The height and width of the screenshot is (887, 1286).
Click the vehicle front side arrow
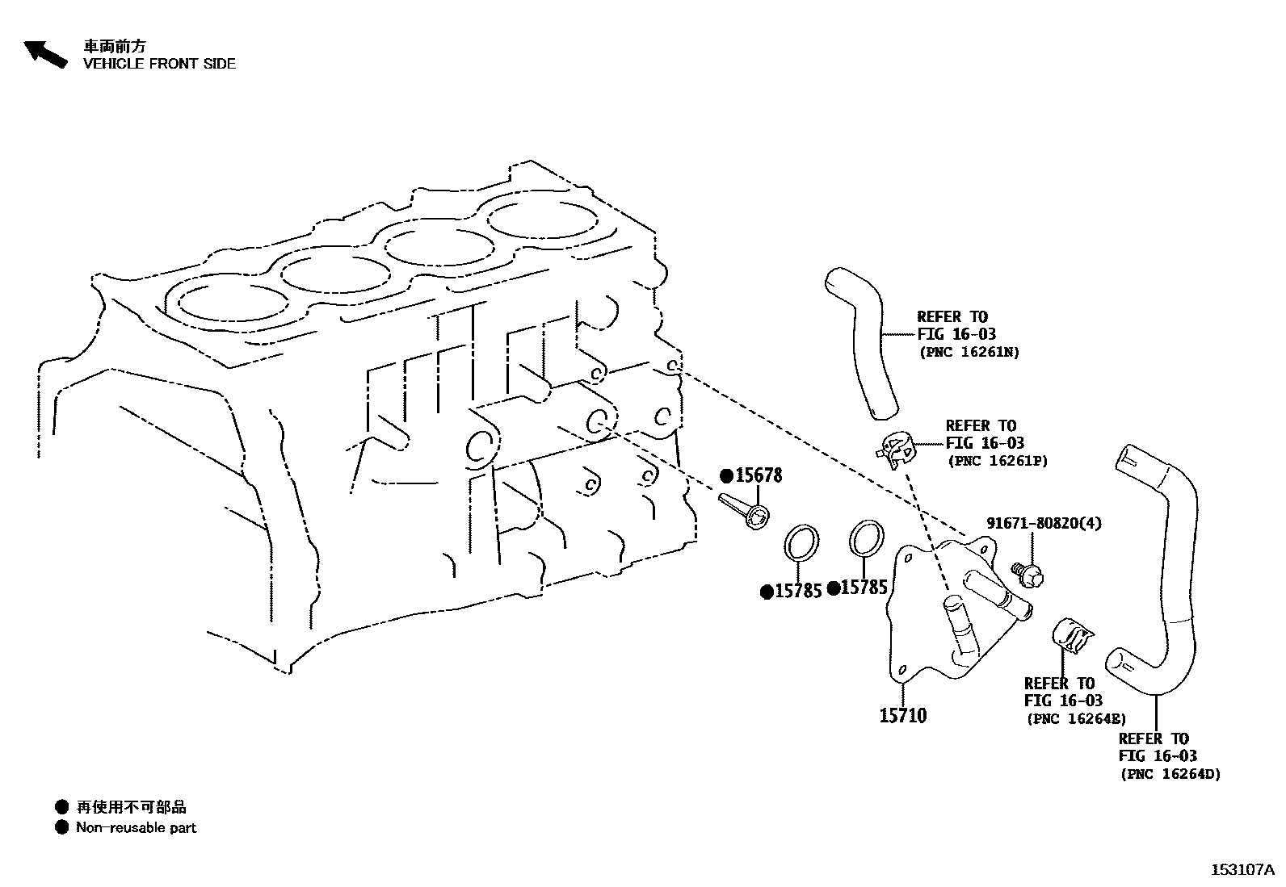44,53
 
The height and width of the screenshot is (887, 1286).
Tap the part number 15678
759,475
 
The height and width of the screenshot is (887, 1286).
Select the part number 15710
902,715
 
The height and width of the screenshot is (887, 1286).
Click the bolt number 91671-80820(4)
1044,523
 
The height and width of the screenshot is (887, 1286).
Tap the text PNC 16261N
969,352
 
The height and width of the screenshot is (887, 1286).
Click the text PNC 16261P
998,461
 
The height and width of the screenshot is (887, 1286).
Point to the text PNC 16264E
1076,718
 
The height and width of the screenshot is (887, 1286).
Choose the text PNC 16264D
1170,774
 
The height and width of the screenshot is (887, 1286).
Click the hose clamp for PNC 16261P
897,449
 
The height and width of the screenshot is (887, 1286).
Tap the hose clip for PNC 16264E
1070,635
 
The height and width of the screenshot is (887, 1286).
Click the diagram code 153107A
1242,869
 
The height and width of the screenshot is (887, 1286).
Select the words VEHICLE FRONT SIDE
159,64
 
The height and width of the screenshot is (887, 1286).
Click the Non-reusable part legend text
136,827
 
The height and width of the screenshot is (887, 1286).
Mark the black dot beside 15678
726,475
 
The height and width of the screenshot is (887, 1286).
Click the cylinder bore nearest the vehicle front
233,301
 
